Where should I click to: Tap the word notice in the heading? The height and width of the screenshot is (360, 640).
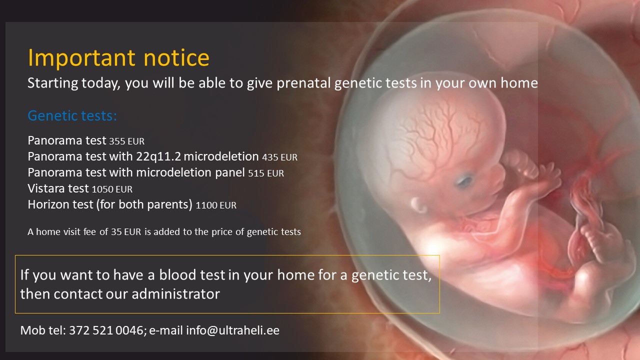(176, 57)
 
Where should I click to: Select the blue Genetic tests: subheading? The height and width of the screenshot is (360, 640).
(72, 115)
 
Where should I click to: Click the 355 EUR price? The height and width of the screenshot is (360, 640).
(127, 141)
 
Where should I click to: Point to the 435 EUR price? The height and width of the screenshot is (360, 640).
(279, 157)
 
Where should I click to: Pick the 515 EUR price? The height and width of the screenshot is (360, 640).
(266, 173)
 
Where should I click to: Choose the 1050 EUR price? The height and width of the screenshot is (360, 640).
(112, 189)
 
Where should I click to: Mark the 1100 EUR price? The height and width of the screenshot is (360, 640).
(216, 205)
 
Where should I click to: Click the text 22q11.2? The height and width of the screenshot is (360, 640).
(158, 157)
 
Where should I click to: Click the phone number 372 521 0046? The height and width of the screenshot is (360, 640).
(106, 330)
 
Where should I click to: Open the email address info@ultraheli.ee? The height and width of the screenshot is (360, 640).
(232, 330)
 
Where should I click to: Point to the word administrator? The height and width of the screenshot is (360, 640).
(175, 294)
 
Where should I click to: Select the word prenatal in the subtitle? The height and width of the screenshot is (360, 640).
(303, 83)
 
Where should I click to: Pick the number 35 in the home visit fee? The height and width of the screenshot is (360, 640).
(116, 231)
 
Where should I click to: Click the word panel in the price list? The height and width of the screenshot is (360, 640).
(229, 173)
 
